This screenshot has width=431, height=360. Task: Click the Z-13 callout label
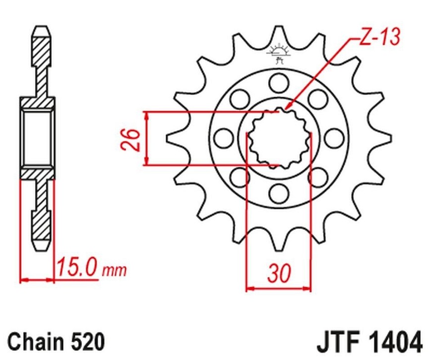(379, 37)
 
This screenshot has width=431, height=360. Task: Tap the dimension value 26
(130, 139)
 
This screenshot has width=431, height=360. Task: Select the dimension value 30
(279, 273)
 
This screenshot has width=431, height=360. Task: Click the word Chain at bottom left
(35, 342)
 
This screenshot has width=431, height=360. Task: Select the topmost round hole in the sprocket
(279, 83)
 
